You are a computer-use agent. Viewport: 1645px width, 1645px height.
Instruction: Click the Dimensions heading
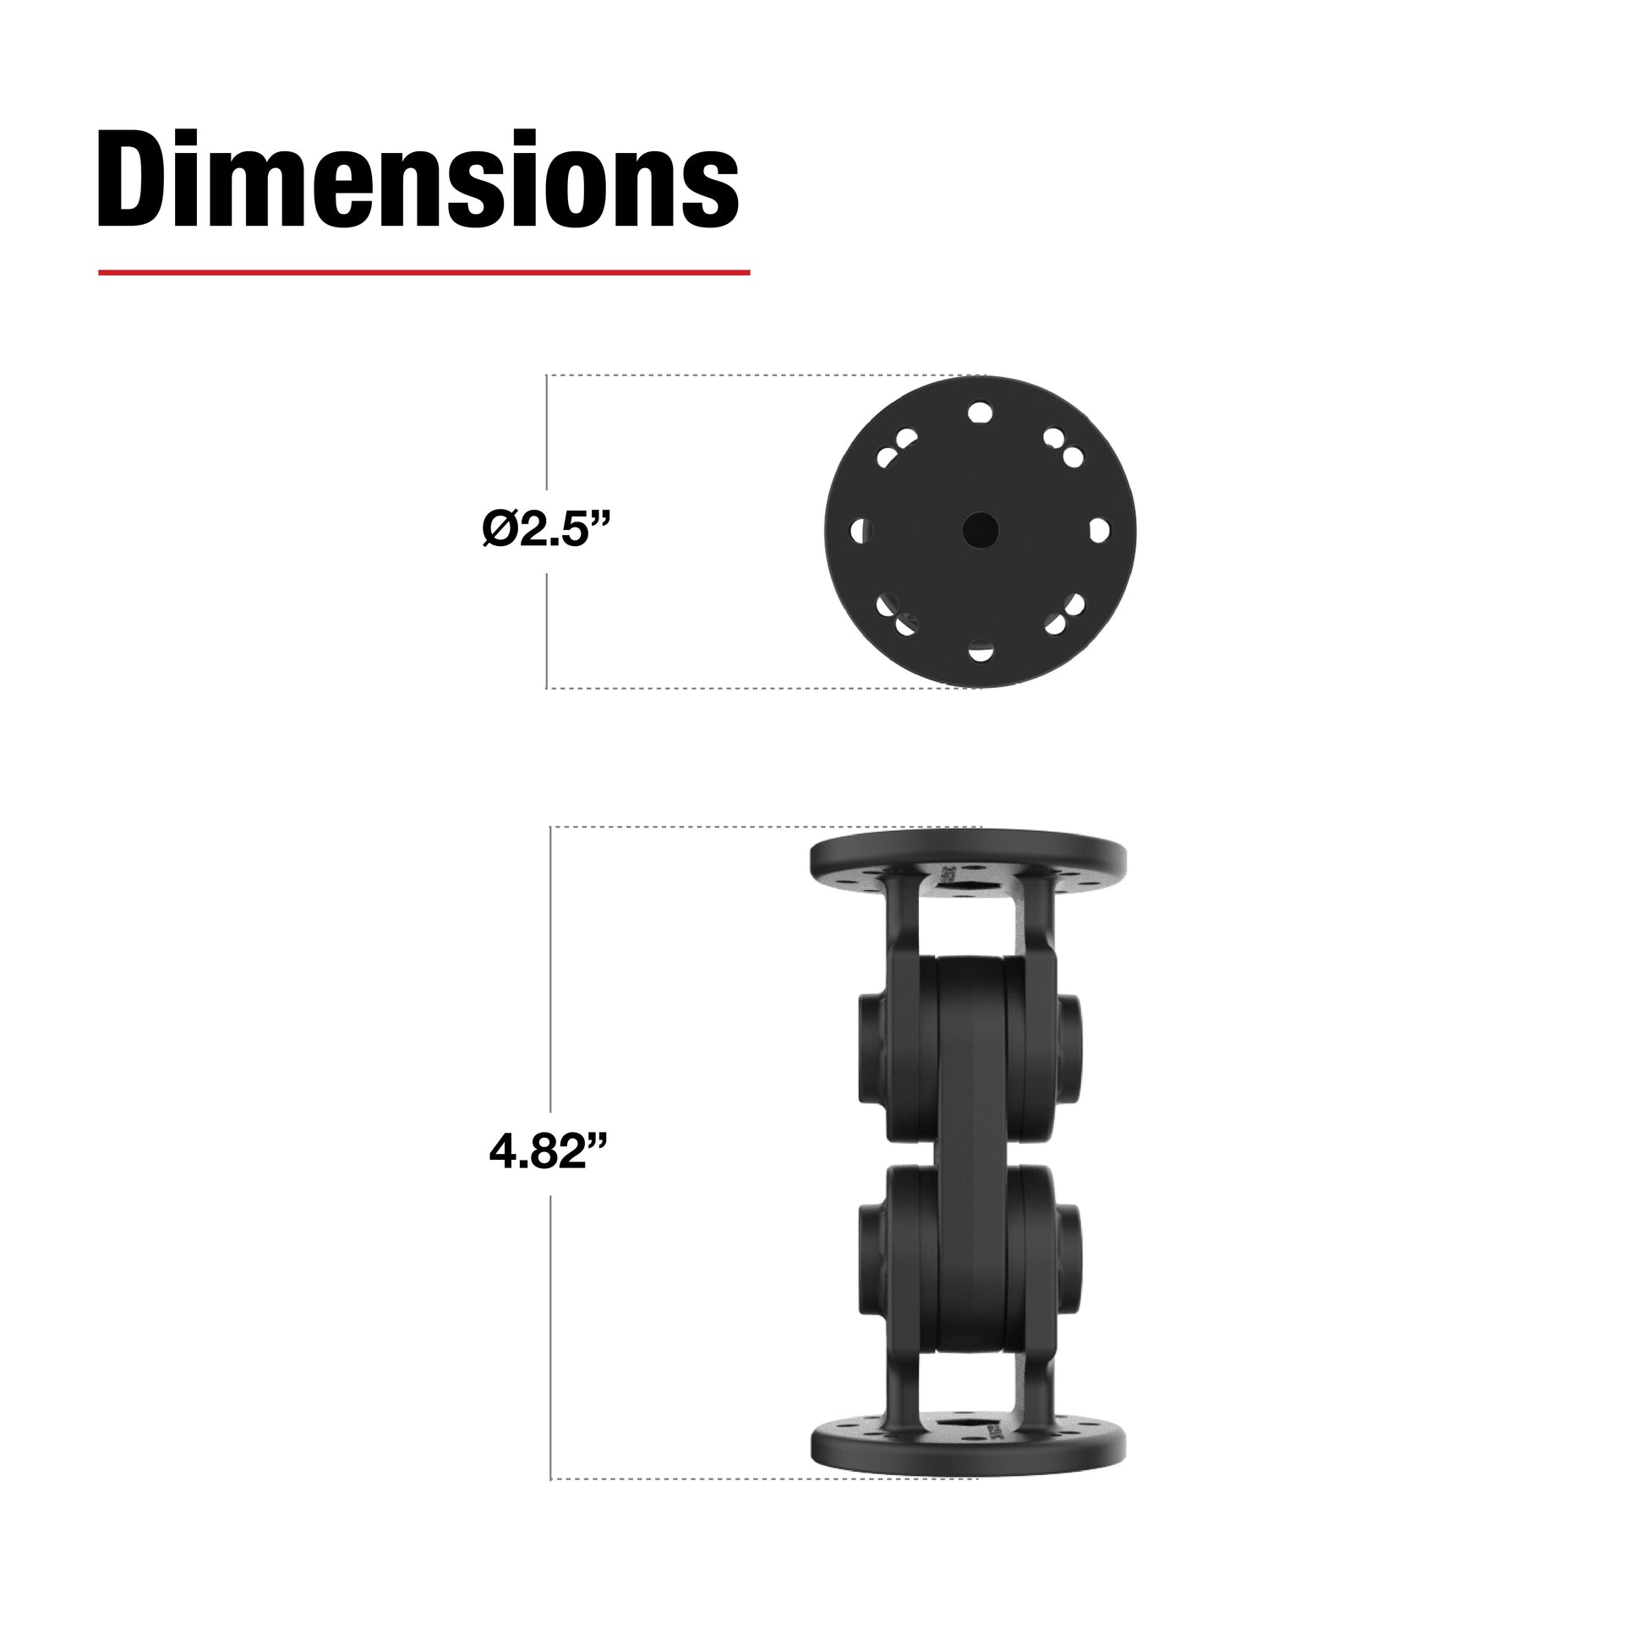418,179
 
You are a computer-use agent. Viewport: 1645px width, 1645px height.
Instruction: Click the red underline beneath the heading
424,272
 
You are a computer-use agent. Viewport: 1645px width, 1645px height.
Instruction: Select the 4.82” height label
550,1152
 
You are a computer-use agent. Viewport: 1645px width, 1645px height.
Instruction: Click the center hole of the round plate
980,530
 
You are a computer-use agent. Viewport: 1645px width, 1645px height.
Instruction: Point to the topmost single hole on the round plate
980,413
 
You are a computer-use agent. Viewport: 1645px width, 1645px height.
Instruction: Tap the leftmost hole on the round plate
861,532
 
